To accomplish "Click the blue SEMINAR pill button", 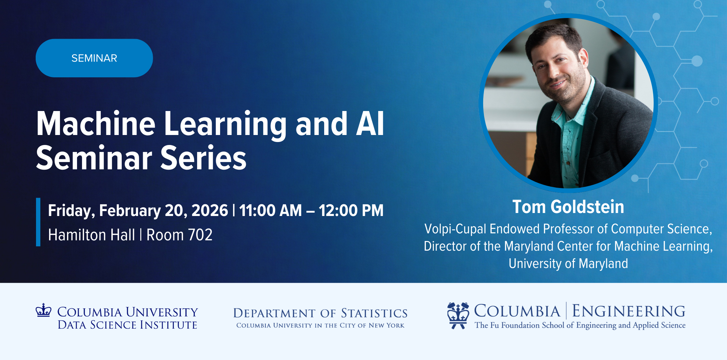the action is coord(94,58).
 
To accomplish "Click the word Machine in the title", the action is coord(96,124).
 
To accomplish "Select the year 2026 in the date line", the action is coord(210,210).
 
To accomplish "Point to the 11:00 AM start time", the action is coord(270,210).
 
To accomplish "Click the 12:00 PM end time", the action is coord(351,210).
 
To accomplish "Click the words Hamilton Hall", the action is coord(91,235).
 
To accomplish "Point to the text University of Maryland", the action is coord(568,263).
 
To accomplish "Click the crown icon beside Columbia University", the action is coord(43,310).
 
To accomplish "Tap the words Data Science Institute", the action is coord(127,325).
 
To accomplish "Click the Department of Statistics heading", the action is coord(320,313).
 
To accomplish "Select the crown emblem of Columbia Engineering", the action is coord(458,315).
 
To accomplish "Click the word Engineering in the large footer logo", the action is coord(629,311).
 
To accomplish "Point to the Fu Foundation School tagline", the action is coord(580,325).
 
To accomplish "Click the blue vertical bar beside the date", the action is coord(38,222).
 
